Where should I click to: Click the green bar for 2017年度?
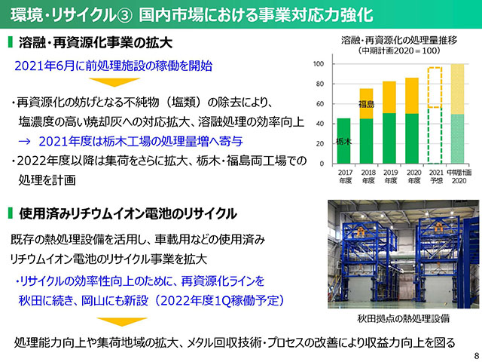tap(343, 141)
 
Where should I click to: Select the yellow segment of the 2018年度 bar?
tap(367, 104)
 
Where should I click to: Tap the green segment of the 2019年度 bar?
tap(389, 139)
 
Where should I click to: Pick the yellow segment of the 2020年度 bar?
tap(412, 96)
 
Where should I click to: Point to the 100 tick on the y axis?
tap(319, 64)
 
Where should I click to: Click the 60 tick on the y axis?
tap(319, 104)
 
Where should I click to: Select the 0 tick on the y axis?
tap(322, 164)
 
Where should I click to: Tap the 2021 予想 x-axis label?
tap(436, 176)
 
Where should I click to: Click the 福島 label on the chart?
tap(367, 105)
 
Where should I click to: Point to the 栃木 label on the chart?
tap(343, 142)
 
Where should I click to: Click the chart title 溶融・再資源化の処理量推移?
tap(399, 40)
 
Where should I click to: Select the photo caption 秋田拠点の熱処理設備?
tap(404, 318)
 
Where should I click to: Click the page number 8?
tap(477, 354)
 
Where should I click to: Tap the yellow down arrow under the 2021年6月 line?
tap(114, 82)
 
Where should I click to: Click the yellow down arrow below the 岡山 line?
tap(122, 322)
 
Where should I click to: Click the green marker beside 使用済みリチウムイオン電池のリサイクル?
tap(10, 213)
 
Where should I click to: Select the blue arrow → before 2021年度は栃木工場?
tap(25, 141)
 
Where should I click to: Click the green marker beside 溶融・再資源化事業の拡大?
tap(10, 42)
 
